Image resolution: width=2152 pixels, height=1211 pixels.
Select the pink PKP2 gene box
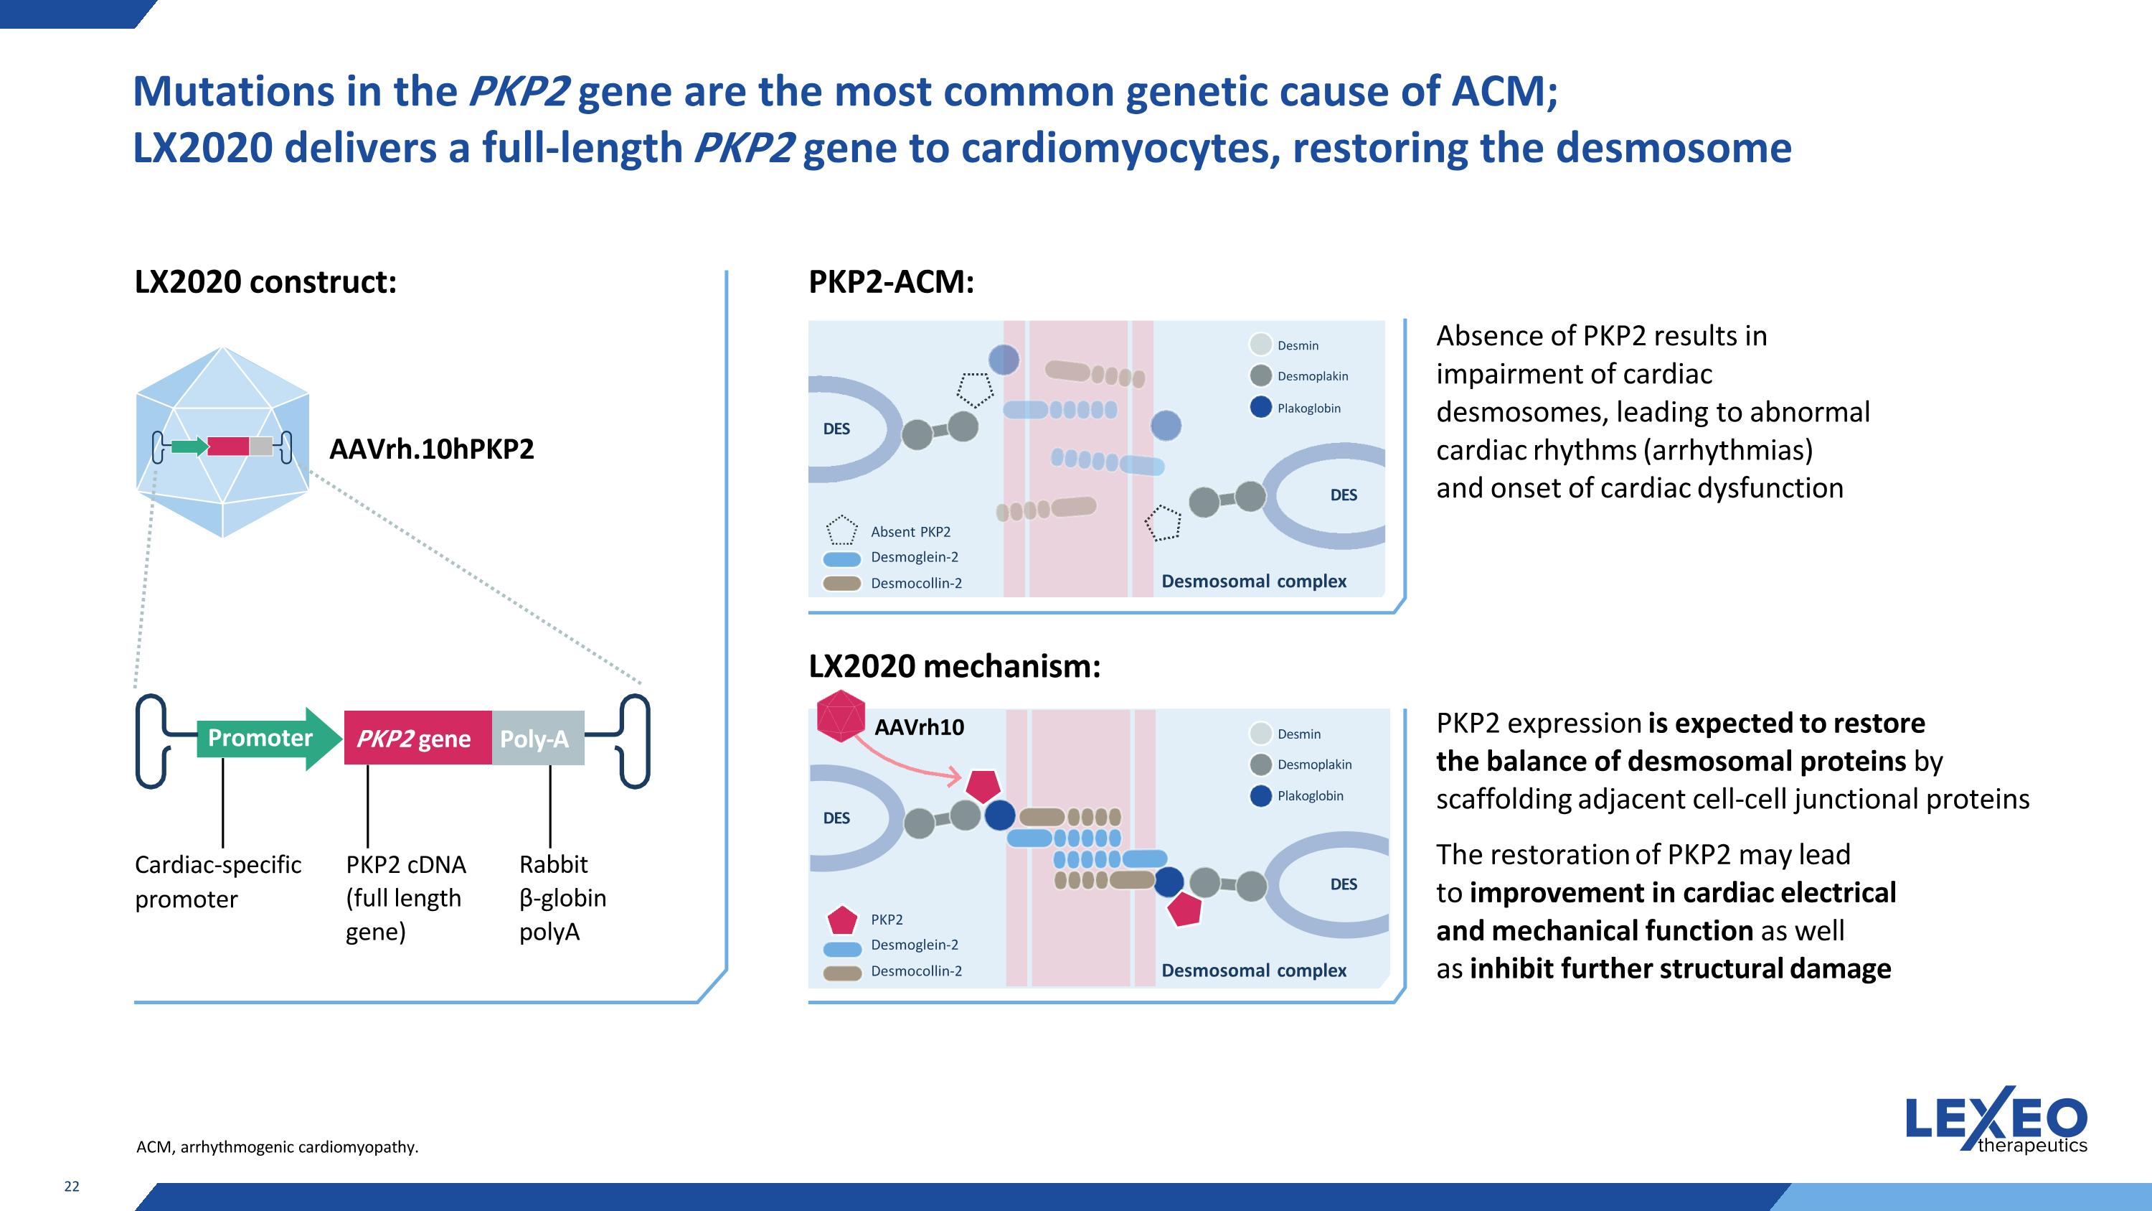click(x=417, y=739)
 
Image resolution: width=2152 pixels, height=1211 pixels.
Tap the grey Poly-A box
click(x=537, y=739)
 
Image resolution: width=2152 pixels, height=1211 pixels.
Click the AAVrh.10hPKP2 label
click(x=431, y=449)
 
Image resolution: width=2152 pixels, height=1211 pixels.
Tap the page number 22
click(x=72, y=1186)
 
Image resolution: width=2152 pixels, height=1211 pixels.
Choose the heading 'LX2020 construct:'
click(x=265, y=281)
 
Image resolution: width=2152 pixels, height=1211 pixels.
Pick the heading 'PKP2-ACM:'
click(x=890, y=281)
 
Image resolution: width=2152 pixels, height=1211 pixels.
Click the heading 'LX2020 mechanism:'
click(x=954, y=666)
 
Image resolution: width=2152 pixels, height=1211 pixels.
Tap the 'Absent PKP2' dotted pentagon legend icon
click(x=841, y=530)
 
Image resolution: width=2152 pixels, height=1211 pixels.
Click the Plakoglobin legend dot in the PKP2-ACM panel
click(x=1260, y=408)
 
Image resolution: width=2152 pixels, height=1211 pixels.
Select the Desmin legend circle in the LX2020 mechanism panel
click(x=1260, y=733)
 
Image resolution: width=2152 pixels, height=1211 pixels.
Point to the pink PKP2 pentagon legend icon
click(x=842, y=920)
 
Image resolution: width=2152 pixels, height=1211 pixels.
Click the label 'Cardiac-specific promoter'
click(x=217, y=881)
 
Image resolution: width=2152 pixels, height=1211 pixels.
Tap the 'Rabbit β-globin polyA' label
click(x=562, y=897)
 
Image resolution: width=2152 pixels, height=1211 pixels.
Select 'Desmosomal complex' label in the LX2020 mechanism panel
click(x=1253, y=971)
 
